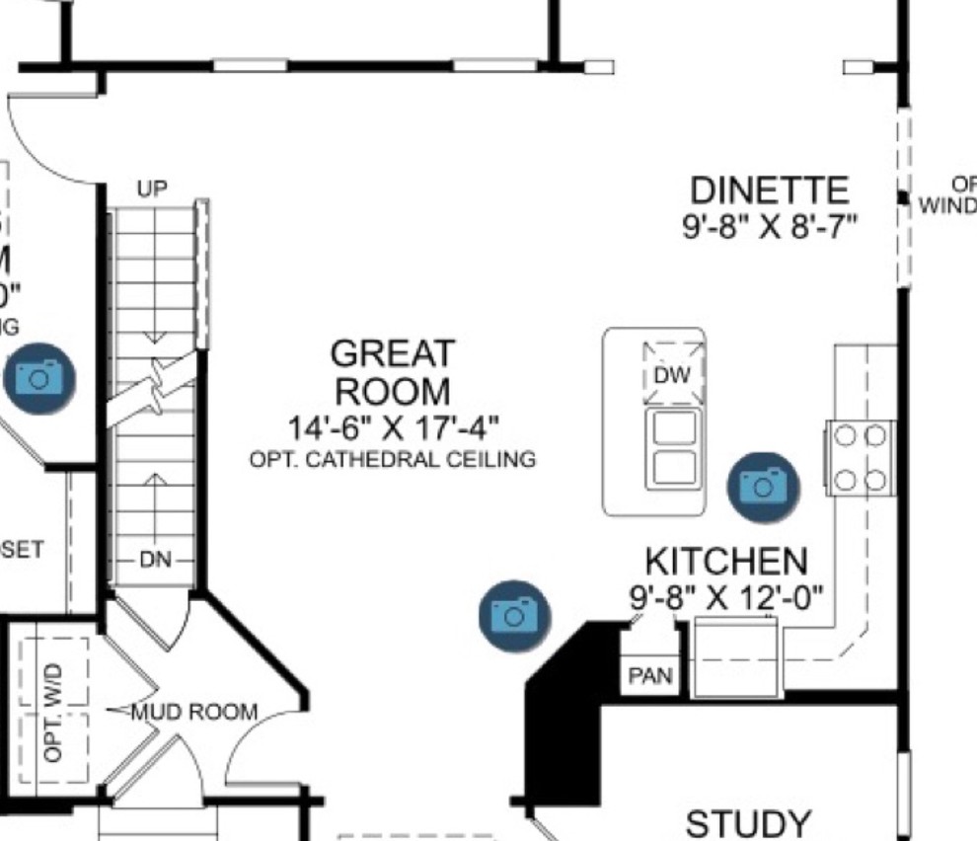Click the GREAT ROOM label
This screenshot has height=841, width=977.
pyautogui.click(x=393, y=371)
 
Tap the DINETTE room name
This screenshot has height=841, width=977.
pyautogui.click(x=769, y=190)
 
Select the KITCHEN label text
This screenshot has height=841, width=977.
pyautogui.click(x=725, y=561)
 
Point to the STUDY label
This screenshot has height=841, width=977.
pyautogui.click(x=749, y=823)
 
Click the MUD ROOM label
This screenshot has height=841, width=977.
pyautogui.click(x=195, y=712)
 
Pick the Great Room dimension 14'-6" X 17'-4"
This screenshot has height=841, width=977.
pyautogui.click(x=393, y=428)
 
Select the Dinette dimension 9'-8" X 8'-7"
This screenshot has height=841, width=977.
pyautogui.click(x=769, y=226)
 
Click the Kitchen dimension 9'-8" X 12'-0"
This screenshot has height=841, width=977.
pyautogui.click(x=726, y=596)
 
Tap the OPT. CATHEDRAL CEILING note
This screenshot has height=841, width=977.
pyautogui.click(x=393, y=459)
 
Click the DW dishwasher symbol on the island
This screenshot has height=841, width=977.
pyautogui.click(x=674, y=375)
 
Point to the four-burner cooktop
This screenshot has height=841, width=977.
pyautogui.click(x=859, y=457)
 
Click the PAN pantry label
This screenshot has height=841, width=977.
pyautogui.click(x=650, y=677)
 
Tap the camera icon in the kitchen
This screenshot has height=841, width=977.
pyautogui.click(x=763, y=485)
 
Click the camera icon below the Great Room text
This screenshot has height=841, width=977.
pyautogui.click(x=513, y=615)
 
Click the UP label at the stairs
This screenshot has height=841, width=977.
pyautogui.click(x=152, y=189)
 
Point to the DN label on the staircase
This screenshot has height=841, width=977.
pyautogui.click(x=155, y=560)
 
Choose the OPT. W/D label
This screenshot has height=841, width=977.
pyautogui.click(x=53, y=712)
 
